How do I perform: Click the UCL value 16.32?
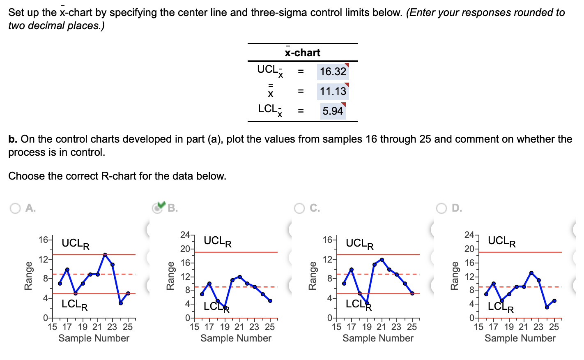[333, 72]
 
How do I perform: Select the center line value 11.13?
[333, 91]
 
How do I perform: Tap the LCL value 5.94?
[332, 111]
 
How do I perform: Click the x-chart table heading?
[303, 53]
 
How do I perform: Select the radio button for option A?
[15, 208]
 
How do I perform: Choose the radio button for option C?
[299, 208]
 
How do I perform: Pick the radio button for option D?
[441, 208]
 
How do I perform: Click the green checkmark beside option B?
[161, 205]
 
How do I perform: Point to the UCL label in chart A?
[76, 244]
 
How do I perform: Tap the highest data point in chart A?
[105, 255]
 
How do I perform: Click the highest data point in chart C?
[382, 260]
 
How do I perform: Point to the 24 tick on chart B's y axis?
[185, 235]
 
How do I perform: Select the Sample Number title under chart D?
[520, 338]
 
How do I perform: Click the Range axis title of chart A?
[28, 275]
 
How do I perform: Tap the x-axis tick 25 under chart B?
[269, 327]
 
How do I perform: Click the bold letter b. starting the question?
[13, 139]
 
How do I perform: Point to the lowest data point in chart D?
[547, 307]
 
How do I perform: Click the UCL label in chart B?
[217, 241]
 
